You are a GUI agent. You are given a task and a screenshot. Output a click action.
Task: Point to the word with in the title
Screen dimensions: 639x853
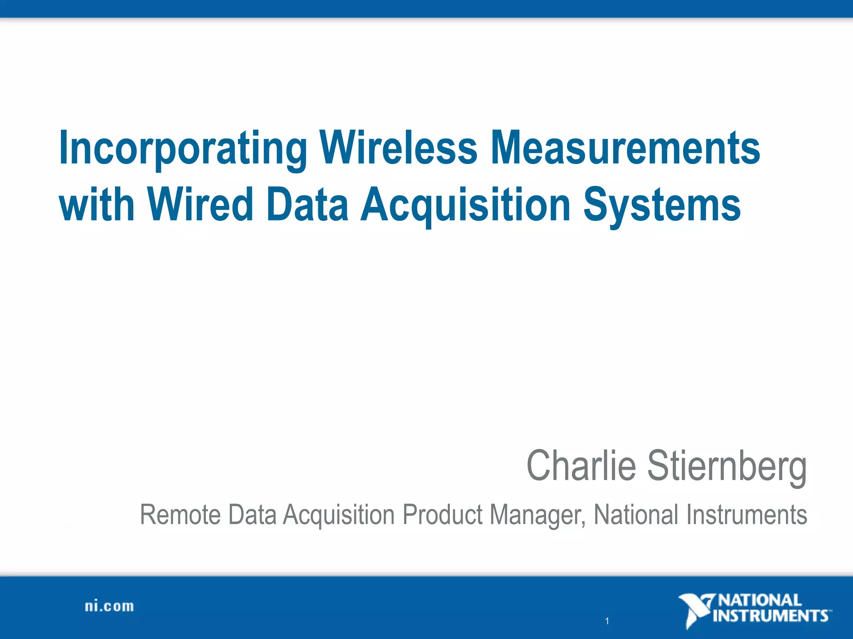[97, 204]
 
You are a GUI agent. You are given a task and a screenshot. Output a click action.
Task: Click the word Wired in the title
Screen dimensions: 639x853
[200, 204]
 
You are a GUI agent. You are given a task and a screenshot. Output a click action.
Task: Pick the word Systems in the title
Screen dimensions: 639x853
[662, 205]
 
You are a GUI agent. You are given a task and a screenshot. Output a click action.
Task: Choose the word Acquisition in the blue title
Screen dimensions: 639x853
[465, 205]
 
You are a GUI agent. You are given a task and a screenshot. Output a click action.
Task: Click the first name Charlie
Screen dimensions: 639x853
[581, 466]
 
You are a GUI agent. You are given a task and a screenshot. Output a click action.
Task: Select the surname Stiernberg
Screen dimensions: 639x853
[727, 466]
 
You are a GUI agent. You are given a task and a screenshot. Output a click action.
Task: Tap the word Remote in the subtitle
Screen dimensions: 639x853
[180, 515]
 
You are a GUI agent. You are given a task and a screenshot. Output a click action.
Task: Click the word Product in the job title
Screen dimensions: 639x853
[443, 515]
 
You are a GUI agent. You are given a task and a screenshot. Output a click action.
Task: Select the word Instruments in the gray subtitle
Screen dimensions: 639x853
[746, 515]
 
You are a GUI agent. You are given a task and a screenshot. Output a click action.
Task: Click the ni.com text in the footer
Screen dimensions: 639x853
[110, 606]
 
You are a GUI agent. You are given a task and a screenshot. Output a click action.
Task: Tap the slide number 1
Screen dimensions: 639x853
[607, 621]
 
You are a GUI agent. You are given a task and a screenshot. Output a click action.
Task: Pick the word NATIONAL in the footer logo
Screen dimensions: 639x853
[760, 600]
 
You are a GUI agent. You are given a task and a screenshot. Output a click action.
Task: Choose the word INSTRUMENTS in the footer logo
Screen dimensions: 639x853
[771, 616]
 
